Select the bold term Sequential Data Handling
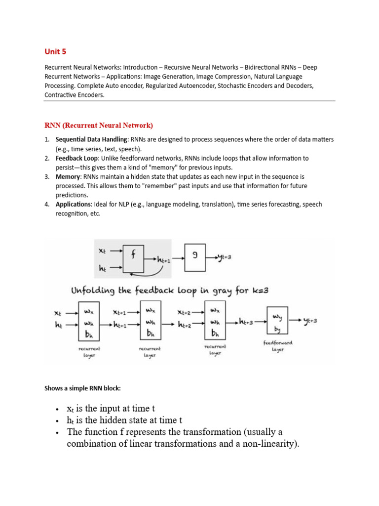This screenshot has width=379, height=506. click(91, 139)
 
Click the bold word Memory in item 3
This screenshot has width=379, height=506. click(68, 176)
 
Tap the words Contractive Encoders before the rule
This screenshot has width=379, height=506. click(74, 95)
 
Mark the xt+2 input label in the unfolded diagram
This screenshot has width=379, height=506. click(186, 312)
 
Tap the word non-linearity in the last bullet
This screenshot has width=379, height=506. click(266, 444)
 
